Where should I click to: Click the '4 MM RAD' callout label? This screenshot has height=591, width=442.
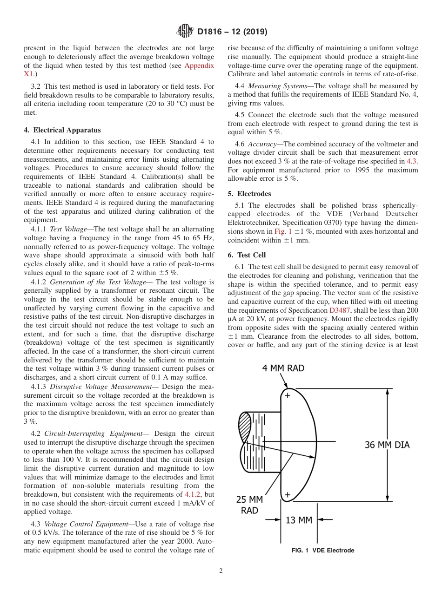pos(283,368)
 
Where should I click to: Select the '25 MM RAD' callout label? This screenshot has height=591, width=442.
pos(249,505)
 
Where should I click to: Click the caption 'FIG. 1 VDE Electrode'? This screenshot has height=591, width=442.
pos(322,551)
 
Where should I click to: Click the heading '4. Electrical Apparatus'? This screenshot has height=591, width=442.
pos(62,130)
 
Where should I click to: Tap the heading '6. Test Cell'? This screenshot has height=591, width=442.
pos(247,255)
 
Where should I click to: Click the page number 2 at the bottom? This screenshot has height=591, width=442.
pos(221,571)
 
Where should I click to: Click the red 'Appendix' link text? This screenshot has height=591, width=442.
pos(199,66)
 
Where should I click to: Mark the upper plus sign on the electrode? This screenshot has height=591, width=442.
pos(287,395)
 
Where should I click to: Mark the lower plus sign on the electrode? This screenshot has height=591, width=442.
pos(287,495)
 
